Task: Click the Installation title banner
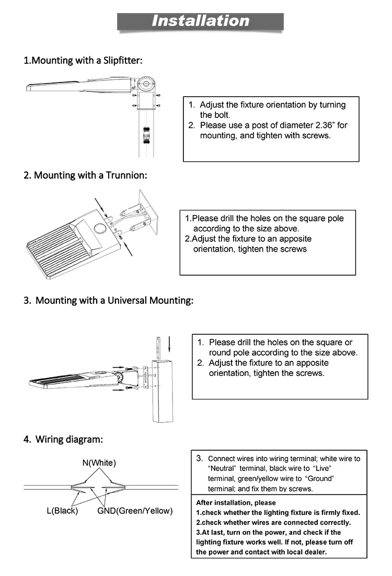point(201,21)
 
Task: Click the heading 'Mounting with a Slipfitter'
point(83,61)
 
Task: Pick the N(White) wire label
point(99,463)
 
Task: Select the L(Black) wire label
point(62,511)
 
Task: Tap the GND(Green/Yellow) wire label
point(135,511)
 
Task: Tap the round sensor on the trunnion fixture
point(99,228)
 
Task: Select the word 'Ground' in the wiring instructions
point(319,478)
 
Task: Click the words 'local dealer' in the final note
point(305,552)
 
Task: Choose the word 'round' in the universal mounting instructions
point(220,352)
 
